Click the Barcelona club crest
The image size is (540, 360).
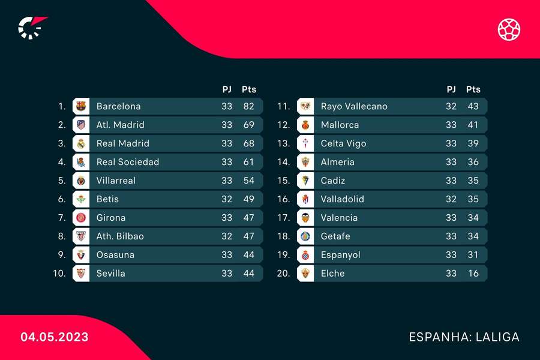pyautogui.click(x=80, y=106)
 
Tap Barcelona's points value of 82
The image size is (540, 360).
pyautogui.click(x=248, y=106)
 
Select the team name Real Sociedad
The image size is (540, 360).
pyautogui.click(x=128, y=162)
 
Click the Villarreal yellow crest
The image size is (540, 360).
pyautogui.click(x=80, y=181)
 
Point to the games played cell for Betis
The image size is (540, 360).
pyautogui.click(x=226, y=199)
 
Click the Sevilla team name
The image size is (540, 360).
pyautogui.click(x=111, y=274)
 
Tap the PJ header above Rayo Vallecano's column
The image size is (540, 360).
pyautogui.click(x=451, y=89)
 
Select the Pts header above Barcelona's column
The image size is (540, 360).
pyautogui.click(x=248, y=89)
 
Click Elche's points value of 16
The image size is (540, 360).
pyautogui.click(x=473, y=274)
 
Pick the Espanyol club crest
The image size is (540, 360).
pyautogui.click(x=305, y=255)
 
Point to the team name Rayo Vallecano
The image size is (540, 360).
pyautogui.click(x=354, y=106)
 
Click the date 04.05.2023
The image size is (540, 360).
pyautogui.click(x=55, y=337)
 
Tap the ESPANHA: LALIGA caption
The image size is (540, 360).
pyautogui.click(x=464, y=337)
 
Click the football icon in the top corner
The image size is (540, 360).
pyautogui.click(x=509, y=29)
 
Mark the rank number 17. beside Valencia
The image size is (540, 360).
pyautogui.click(x=284, y=218)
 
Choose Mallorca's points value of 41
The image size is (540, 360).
pyautogui.click(x=473, y=125)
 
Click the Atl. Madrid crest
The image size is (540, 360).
pyautogui.click(x=80, y=125)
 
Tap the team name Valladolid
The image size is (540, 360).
pyautogui.click(x=342, y=199)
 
